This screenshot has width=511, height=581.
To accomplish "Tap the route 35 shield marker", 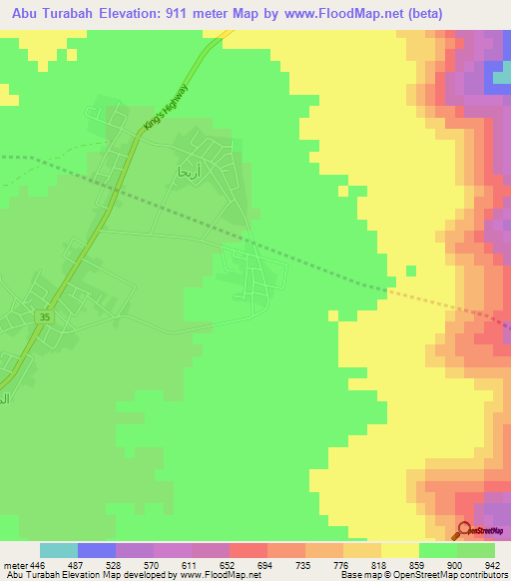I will (44, 316).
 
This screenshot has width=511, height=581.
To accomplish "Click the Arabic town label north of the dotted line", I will (189, 171).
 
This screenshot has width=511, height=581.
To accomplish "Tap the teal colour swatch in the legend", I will (58, 550).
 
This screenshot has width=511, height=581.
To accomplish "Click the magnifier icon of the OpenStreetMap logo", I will (464, 530).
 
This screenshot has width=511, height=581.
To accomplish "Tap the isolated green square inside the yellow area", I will (410, 270).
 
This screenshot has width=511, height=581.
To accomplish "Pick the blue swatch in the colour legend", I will (96, 550).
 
